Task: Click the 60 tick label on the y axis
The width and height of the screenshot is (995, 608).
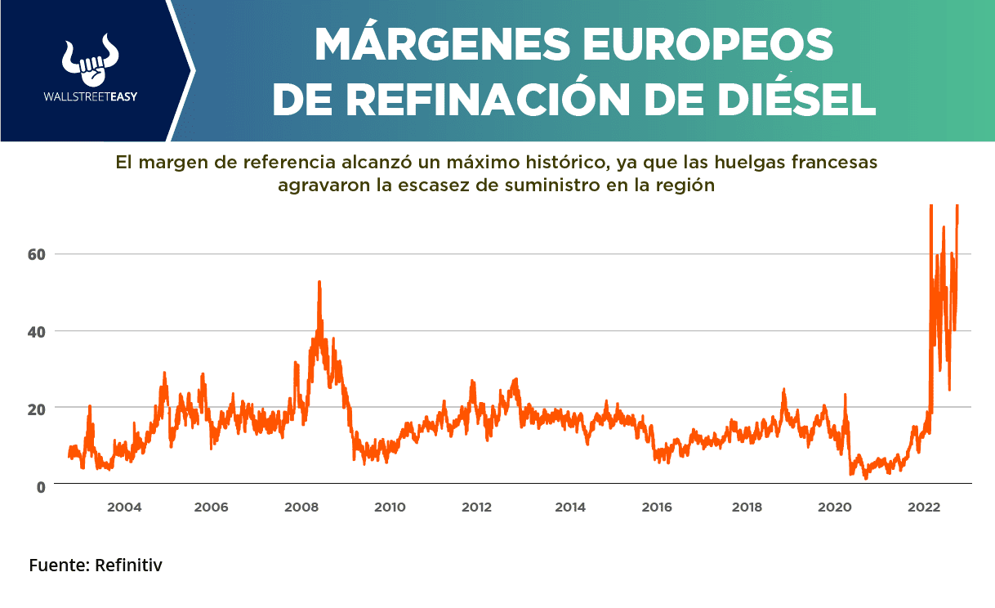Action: [x=35, y=254]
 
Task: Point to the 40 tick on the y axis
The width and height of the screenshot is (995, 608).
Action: [x=35, y=331]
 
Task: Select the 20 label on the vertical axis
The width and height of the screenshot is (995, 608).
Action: [x=35, y=408]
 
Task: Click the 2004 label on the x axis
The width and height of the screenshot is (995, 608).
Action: [x=124, y=507]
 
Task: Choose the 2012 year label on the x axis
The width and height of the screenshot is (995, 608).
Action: [x=476, y=507]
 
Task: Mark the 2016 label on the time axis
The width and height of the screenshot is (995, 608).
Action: [x=657, y=507]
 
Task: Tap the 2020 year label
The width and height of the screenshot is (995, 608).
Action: [x=834, y=507]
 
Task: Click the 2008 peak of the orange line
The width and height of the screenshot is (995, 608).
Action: [x=319, y=282]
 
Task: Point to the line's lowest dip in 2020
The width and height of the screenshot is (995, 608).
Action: [x=865, y=478]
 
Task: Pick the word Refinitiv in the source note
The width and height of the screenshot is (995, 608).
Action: [x=128, y=566]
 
